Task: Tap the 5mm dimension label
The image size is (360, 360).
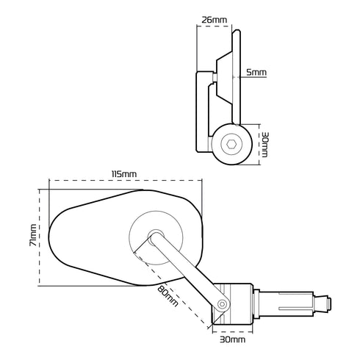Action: [x=256, y=73]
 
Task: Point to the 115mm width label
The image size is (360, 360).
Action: [x=123, y=173]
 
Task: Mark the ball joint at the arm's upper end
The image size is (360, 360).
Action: [x=154, y=237]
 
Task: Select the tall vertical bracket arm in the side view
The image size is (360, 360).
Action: [x=202, y=110]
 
